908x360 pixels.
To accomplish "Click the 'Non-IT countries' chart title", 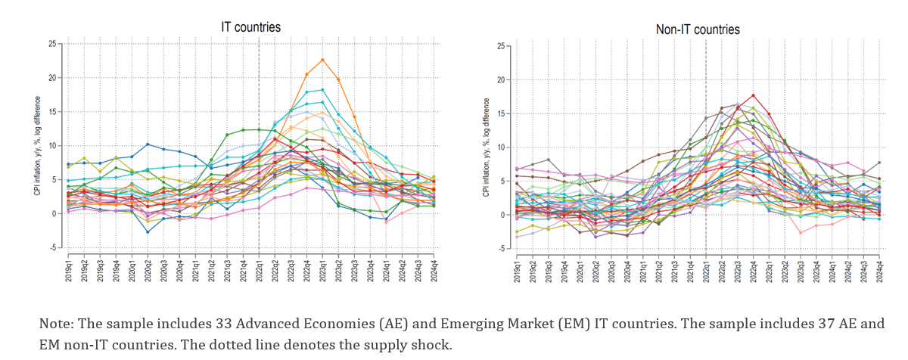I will click(697, 30).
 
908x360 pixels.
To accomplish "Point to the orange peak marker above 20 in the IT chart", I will click(322, 59).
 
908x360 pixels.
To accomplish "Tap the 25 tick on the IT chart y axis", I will click(52, 43).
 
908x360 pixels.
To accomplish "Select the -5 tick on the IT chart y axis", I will click(52, 247).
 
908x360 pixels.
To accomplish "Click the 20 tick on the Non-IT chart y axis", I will click(500, 80).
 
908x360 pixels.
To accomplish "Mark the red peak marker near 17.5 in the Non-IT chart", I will click(754, 95).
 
